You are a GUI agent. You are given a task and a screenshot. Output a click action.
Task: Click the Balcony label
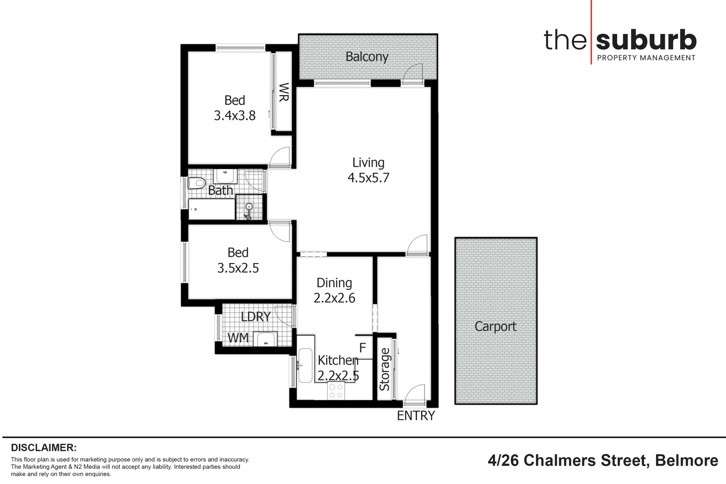click(367, 57)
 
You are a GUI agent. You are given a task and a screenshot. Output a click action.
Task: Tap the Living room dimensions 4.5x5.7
click(368, 178)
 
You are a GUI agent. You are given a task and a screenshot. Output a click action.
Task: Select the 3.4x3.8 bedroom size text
click(234, 116)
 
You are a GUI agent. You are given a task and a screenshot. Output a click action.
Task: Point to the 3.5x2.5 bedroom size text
click(238, 268)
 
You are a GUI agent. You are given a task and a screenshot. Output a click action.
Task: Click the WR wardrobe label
click(283, 92)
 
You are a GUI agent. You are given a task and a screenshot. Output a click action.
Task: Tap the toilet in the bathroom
click(196, 183)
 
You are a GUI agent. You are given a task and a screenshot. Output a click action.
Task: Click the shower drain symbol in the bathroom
click(249, 207)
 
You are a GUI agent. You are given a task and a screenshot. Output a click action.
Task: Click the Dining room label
click(334, 283)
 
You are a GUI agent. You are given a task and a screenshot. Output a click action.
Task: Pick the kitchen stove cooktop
click(336, 391)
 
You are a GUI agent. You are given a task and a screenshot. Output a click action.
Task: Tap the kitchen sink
click(305, 365)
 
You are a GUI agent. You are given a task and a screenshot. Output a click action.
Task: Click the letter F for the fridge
click(363, 348)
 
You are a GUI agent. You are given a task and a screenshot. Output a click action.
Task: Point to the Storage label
click(385, 369)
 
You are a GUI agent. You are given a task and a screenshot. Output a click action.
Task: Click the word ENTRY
click(416, 416)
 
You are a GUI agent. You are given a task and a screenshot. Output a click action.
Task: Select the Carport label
click(495, 326)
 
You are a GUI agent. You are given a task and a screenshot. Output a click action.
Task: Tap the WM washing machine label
click(238, 338)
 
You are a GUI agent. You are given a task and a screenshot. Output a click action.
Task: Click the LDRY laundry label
click(256, 317)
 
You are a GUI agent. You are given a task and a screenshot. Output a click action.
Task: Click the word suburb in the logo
click(646, 40)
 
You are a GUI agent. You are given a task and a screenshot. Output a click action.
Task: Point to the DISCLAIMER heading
click(44, 448)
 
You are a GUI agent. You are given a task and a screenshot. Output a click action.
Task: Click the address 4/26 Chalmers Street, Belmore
click(603, 460)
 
